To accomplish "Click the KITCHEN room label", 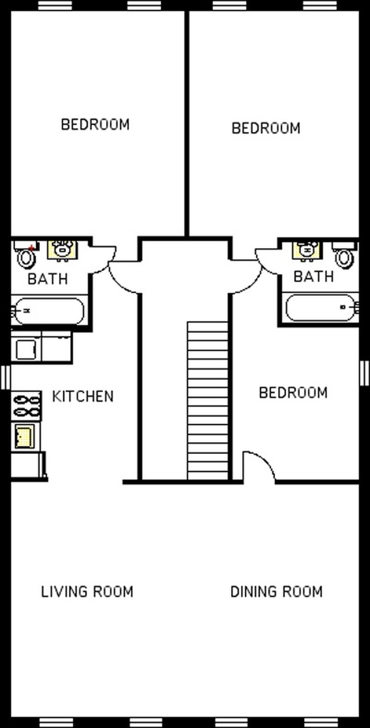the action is point(83,396).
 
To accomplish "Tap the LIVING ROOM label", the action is point(87,591).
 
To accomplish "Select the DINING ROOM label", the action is point(276,591).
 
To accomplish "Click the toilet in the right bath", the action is point(344,254).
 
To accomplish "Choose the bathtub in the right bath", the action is point(322,307).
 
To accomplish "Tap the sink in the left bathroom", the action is point(62,250).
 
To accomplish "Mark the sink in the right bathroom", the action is point(306,250).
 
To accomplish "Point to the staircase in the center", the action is point(208,400).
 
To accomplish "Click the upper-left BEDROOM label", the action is point(96,124).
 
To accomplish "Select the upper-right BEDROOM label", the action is point(266,128).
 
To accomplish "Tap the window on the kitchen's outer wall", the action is point(6,377).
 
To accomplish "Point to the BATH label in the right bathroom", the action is point(314,277).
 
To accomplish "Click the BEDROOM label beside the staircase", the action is point(293,393).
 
